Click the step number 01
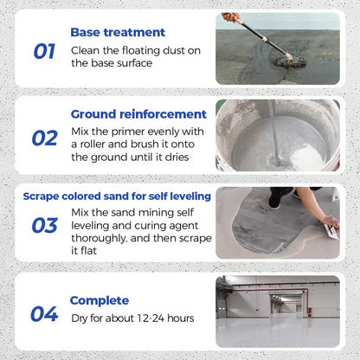pyautogui.click(x=44, y=51)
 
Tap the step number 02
pyautogui.click(x=44, y=138)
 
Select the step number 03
pyautogui.click(x=44, y=225)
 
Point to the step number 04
pyautogui.click(x=44, y=314)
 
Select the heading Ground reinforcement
pyautogui.click(x=138, y=113)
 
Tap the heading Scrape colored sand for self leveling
pyautogui.click(x=117, y=196)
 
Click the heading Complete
pyautogui.click(x=100, y=300)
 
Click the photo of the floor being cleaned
pyautogui.click(x=277, y=48)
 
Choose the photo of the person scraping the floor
pyautogui.click(x=277, y=222)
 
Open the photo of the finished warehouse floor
pyautogui.click(x=277, y=311)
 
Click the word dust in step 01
pyautogui.click(x=185, y=48)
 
